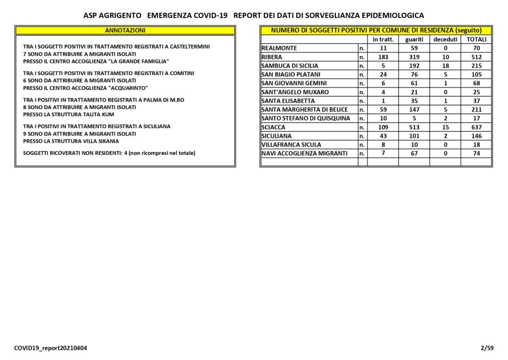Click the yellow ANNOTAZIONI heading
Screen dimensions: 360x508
coord(125,30)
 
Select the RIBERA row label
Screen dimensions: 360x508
coord(272,57)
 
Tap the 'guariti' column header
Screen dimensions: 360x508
coord(414,39)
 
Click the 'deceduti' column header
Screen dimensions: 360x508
coord(445,39)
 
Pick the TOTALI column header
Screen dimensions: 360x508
coord(476,39)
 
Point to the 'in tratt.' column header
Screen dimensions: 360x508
coord(383,39)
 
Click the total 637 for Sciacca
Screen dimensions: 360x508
coord(476,127)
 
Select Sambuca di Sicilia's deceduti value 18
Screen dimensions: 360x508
coord(445,66)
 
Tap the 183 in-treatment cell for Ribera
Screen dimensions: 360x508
coord(383,57)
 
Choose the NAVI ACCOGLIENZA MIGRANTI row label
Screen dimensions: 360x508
coord(305,153)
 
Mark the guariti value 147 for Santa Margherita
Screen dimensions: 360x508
coord(414,110)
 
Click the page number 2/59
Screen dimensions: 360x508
coord(487,348)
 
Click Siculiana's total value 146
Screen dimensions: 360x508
coord(476,136)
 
